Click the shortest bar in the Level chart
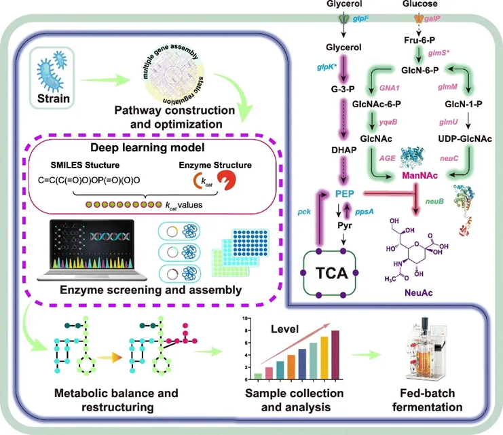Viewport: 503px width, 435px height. (257, 373)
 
